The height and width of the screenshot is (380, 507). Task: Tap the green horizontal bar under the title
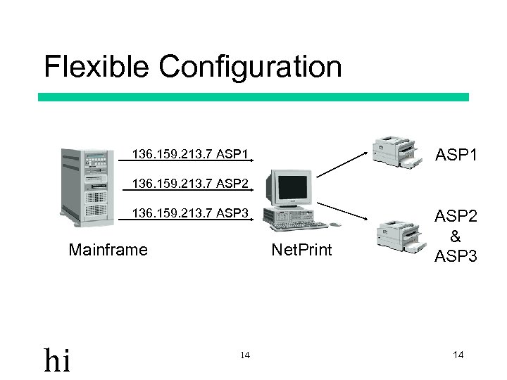[253, 97]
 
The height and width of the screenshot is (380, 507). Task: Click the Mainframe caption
[108, 249]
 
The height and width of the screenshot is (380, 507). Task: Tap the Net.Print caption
[301, 249]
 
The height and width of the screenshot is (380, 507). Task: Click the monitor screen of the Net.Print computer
[292, 187]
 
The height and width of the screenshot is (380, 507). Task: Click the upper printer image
[399, 150]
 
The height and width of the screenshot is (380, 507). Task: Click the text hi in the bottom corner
[57, 360]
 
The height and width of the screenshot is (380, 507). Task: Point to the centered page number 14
[244, 355]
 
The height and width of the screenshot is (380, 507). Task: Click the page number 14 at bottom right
[458, 355]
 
